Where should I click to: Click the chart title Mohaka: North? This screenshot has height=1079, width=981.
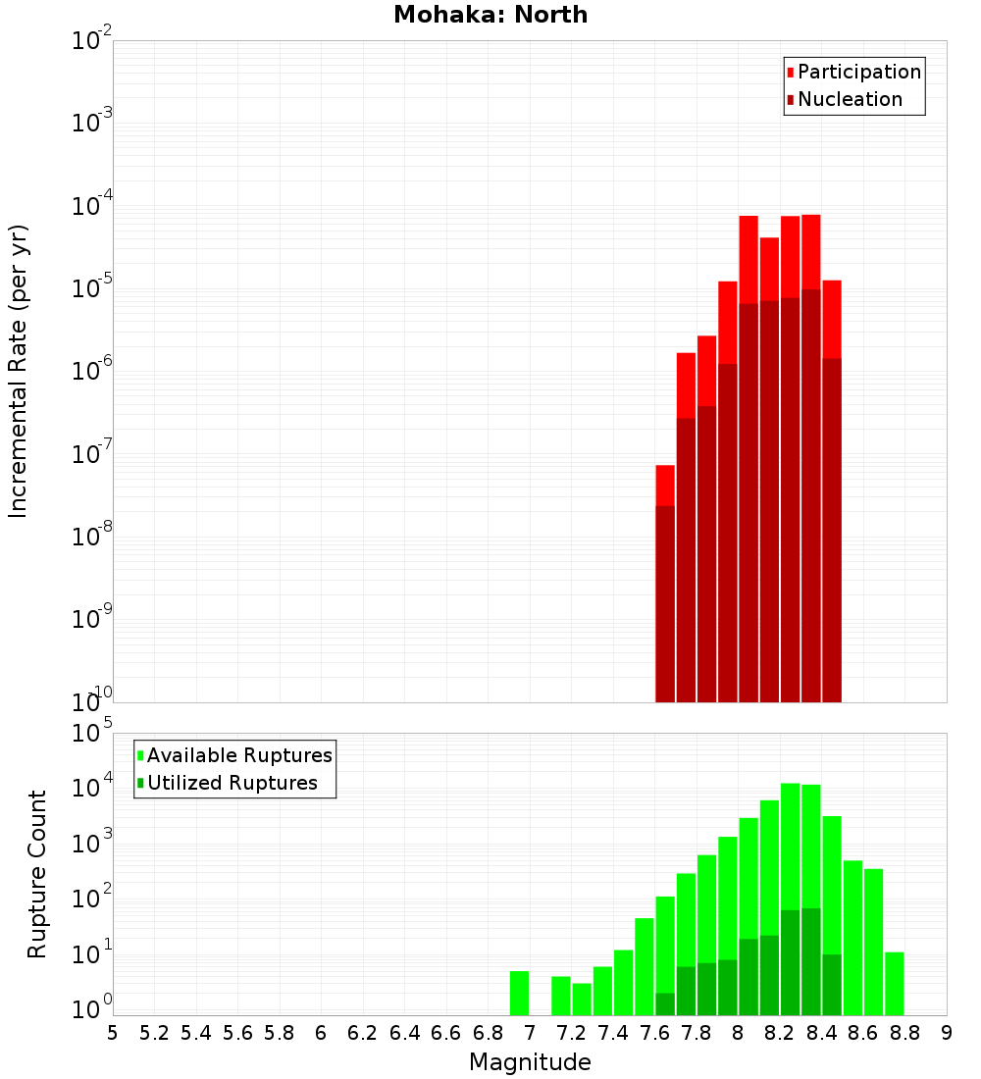pyautogui.click(x=490, y=16)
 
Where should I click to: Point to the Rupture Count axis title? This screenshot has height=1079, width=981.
pyautogui.click(x=37, y=873)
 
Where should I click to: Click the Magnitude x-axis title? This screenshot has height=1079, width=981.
pyautogui.click(x=530, y=1062)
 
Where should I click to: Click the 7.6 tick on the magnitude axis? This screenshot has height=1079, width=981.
pyautogui.click(x=654, y=1033)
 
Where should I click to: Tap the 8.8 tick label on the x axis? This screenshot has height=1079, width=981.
pyautogui.click(x=904, y=1033)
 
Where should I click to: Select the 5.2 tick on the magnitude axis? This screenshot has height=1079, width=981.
pyautogui.click(x=154, y=1033)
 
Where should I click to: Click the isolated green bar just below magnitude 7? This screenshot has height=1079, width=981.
pyautogui.click(x=519, y=993)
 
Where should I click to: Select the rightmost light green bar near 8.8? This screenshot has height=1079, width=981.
pyautogui.click(x=894, y=983)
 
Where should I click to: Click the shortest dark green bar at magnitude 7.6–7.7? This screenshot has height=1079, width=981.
pyautogui.click(x=665, y=1004)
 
